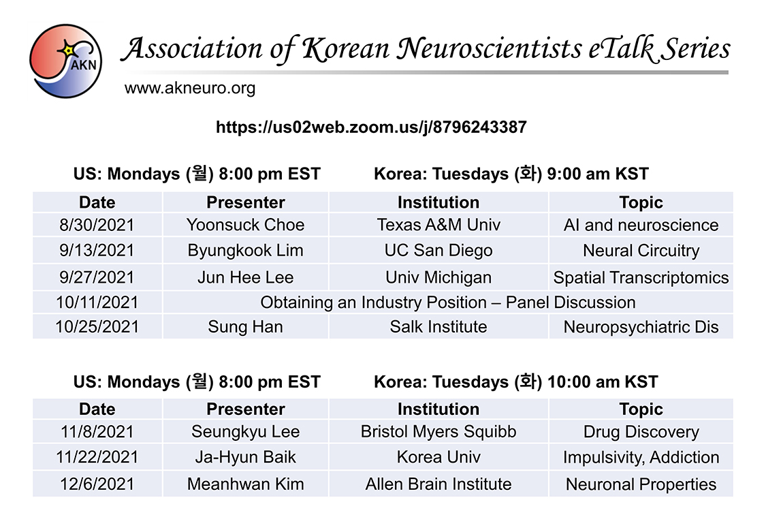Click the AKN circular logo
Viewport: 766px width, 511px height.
pyautogui.click(x=65, y=61)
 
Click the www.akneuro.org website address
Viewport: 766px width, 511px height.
pyautogui.click(x=190, y=89)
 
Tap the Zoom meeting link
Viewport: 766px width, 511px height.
pyautogui.click(x=371, y=127)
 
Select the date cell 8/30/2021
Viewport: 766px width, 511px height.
pyautogui.click(x=97, y=225)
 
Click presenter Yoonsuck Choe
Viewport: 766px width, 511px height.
pyautogui.click(x=245, y=225)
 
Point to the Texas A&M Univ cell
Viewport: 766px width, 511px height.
pyautogui.click(x=438, y=225)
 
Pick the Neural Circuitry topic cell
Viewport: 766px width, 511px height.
pyautogui.click(x=641, y=251)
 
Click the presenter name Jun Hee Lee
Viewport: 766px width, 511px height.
pyautogui.click(x=245, y=278)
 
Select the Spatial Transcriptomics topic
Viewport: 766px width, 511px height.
pyautogui.click(x=641, y=278)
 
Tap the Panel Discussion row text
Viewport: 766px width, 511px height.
pyautogui.click(x=448, y=303)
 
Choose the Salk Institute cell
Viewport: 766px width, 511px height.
pyautogui.click(x=438, y=326)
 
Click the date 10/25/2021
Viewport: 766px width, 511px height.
pyautogui.click(x=97, y=326)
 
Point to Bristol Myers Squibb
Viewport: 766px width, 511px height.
pyautogui.click(x=438, y=432)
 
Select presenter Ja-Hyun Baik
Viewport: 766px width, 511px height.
pyautogui.click(x=245, y=457)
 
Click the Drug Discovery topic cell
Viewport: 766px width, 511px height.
pyautogui.click(x=641, y=432)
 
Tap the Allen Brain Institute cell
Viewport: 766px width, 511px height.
pyautogui.click(x=438, y=484)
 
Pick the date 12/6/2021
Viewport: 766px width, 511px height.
pyautogui.click(x=97, y=484)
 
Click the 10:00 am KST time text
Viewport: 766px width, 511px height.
pyautogui.click(x=603, y=382)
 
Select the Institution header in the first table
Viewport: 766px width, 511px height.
pyautogui.click(x=438, y=202)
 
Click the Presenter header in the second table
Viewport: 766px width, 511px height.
pyautogui.click(x=245, y=409)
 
